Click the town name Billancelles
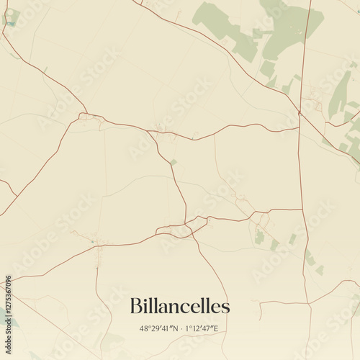180,306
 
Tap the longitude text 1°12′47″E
202,328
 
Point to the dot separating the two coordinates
179,328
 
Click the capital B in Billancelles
135,306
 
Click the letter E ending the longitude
215,328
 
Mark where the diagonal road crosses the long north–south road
300,112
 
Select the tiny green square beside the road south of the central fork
173,162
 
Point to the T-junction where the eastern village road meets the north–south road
302,210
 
